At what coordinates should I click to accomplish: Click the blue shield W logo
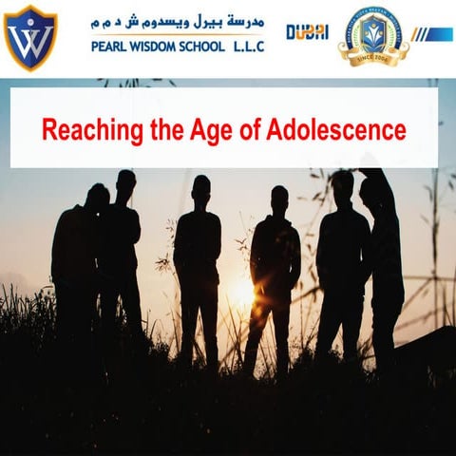click(29, 37)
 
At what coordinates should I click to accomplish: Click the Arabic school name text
click(177, 22)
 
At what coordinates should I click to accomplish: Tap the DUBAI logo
click(308, 31)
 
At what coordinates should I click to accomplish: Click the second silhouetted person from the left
click(122, 256)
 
